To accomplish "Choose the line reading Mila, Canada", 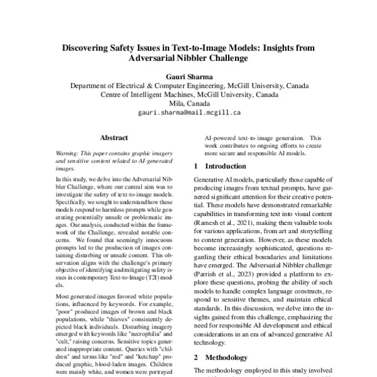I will [188, 105].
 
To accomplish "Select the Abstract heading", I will [114, 138].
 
